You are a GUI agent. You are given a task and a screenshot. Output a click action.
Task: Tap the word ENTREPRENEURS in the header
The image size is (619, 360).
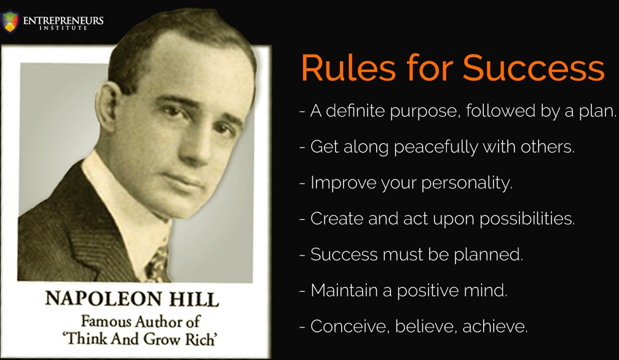pyautogui.click(x=63, y=20)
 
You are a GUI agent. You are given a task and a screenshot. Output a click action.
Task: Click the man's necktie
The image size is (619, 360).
pyautogui.click(x=158, y=261)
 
